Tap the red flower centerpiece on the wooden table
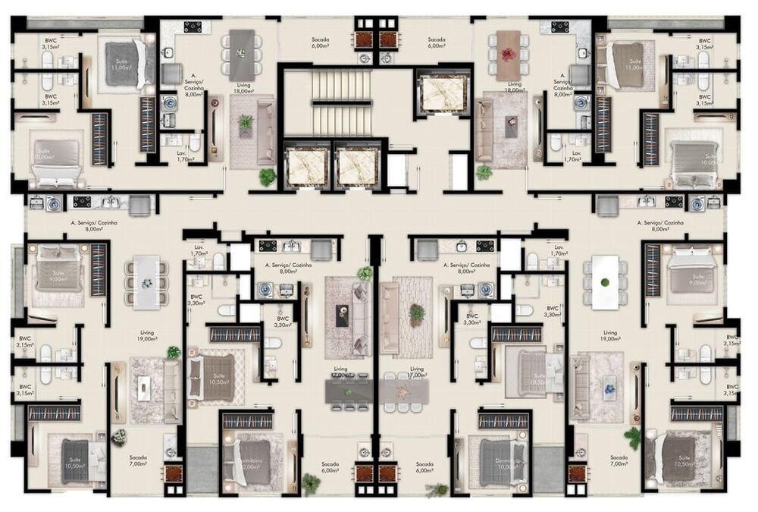coord(507,54)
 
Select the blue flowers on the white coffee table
coord(609,389)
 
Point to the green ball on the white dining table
coord(605,283)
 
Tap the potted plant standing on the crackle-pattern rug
coord(416,313)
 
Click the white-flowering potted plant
coord(119,438)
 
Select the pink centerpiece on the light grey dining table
coord(402,392)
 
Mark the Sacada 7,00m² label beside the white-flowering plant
coord(138,461)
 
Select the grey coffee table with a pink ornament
coord(512,127)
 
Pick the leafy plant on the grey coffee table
coord(245,123)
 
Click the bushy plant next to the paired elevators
coord(268,177)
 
